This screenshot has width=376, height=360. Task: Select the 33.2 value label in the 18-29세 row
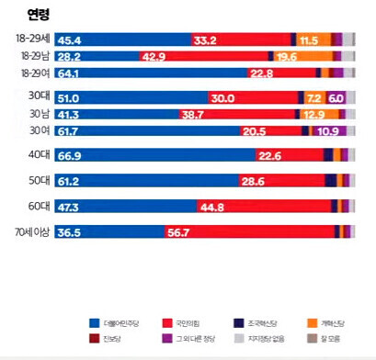[205, 40]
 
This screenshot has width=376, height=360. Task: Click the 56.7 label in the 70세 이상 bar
[178, 232]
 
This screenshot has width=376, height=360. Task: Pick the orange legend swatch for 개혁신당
[313, 323]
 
